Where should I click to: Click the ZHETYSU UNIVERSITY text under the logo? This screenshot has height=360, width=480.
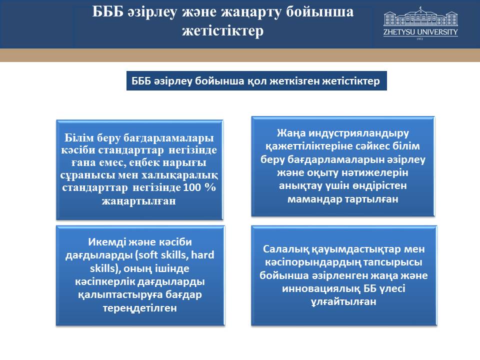[x=420, y=32]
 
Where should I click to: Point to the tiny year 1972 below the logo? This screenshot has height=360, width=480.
[x=419, y=39]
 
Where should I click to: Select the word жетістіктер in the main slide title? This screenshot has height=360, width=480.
[x=223, y=30]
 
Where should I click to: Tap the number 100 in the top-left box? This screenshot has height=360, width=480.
[x=191, y=187]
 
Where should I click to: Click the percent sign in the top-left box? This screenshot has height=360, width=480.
[x=210, y=187]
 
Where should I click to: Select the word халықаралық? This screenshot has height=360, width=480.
[x=179, y=175]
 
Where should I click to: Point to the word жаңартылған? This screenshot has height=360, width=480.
[x=139, y=201]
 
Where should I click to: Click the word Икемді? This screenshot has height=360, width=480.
[x=106, y=242]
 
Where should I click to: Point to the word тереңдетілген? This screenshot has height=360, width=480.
[x=140, y=308]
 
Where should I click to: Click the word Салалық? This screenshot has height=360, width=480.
[x=286, y=249]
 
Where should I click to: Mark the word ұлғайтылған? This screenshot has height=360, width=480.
[x=343, y=302]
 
